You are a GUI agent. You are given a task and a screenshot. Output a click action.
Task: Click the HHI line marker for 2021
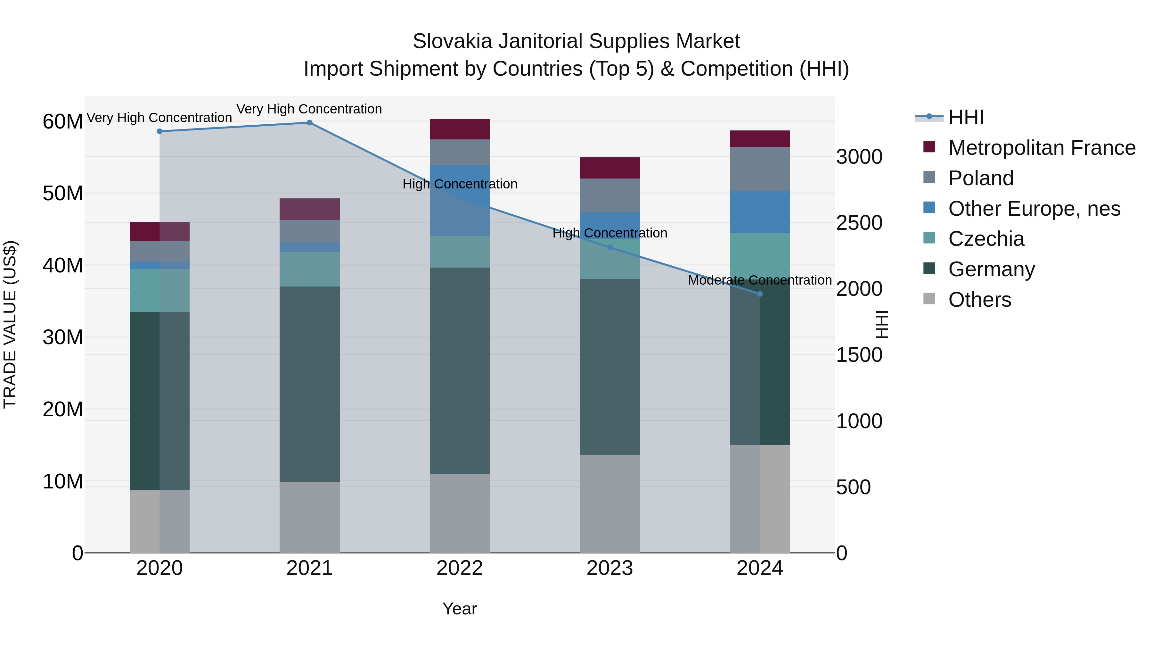click(x=309, y=123)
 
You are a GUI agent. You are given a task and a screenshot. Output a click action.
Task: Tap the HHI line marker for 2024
click(x=760, y=294)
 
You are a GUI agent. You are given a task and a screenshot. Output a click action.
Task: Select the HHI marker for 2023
click(x=609, y=247)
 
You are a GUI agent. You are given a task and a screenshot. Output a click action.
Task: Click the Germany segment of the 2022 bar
click(x=460, y=371)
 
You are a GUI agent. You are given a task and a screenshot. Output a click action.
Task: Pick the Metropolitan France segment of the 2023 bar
click(x=609, y=168)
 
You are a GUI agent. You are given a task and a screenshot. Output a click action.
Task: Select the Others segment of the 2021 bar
click(x=309, y=517)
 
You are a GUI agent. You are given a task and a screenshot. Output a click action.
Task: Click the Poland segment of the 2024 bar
click(x=760, y=169)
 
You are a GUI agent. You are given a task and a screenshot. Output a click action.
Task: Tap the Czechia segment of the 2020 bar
click(x=159, y=290)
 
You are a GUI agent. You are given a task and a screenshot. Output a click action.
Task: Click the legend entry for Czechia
click(x=985, y=239)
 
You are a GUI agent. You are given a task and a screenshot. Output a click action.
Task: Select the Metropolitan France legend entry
click(x=1041, y=148)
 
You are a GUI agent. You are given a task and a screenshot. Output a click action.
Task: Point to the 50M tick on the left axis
click(x=63, y=194)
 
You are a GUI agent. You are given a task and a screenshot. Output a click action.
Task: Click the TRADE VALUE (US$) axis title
click(x=10, y=324)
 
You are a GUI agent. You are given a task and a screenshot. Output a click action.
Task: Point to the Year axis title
click(x=459, y=609)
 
